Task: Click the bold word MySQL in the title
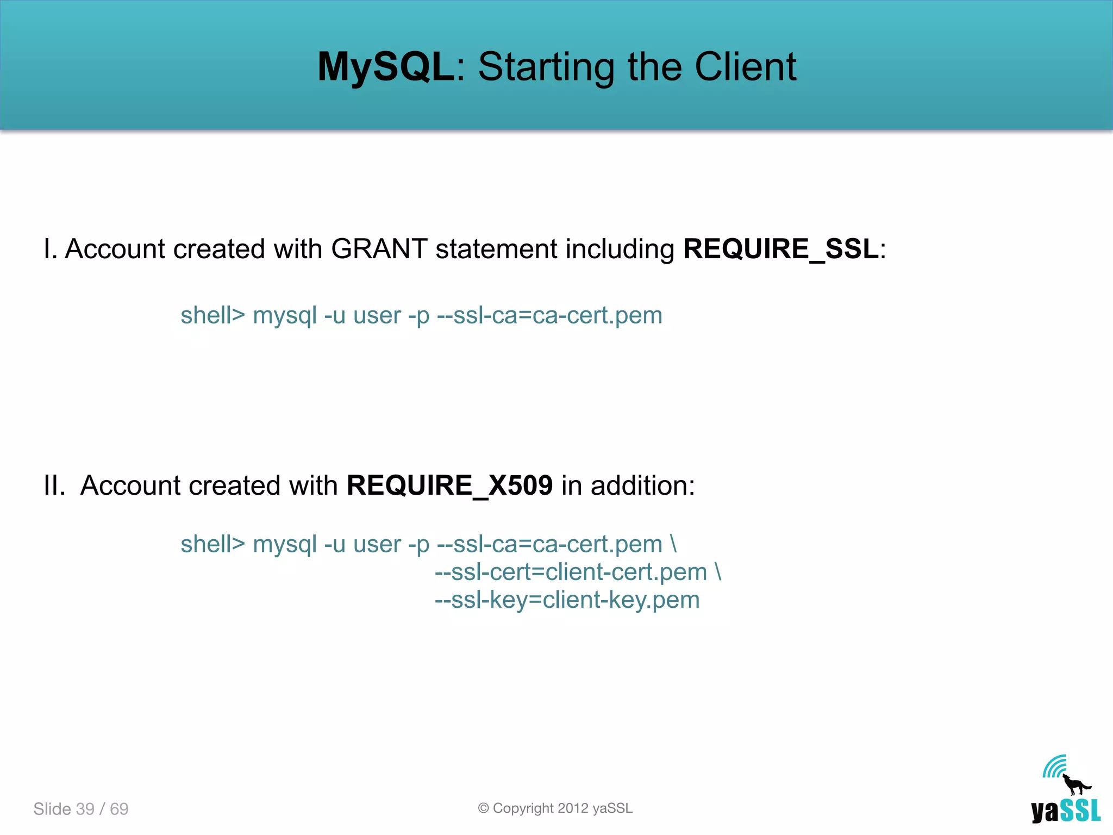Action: (386, 67)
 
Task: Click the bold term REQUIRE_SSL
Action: (781, 250)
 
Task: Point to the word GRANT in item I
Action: (379, 250)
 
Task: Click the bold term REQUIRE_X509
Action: (449, 485)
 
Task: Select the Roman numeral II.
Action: (54, 485)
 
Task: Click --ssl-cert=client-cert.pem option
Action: (571, 572)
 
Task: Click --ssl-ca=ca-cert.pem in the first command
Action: (549, 316)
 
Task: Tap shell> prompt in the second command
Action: (212, 544)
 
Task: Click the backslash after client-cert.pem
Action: (718, 572)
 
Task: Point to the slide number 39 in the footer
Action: (85, 809)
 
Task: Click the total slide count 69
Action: (119, 809)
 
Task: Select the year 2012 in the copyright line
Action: (573, 808)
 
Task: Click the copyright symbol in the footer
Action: (483, 808)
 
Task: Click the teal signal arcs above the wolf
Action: (1054, 767)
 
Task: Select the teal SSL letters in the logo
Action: (1080, 811)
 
